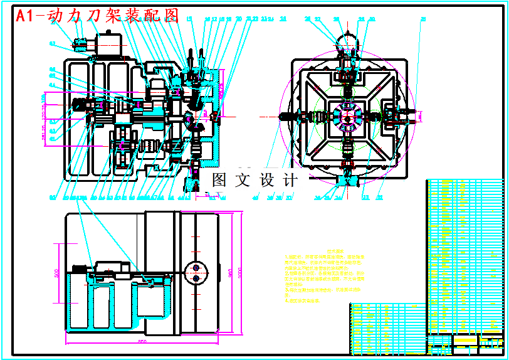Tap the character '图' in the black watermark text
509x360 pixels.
tap(219, 180)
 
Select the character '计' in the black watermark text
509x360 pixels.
tap(290, 180)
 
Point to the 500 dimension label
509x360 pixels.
tap(56, 275)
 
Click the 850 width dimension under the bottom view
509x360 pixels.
tap(142, 341)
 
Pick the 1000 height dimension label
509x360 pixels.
tap(239, 273)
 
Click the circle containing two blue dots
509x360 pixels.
tap(198, 273)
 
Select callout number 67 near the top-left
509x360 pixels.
tap(52, 43)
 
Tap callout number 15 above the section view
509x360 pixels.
tap(190, 19)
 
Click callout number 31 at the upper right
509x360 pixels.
tap(423, 19)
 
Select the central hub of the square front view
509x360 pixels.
tap(347, 116)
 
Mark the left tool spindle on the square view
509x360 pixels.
tap(295, 116)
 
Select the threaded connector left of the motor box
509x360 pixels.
tap(80, 45)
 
